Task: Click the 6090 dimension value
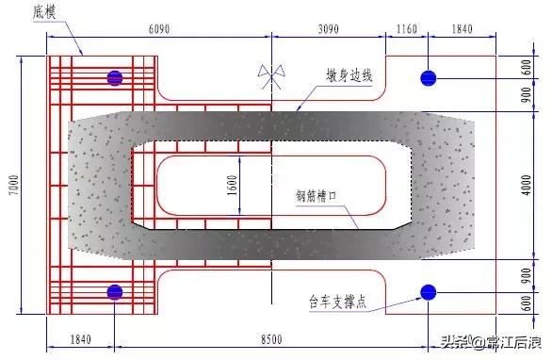pyautogui.click(x=159, y=29)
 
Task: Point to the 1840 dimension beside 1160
pyautogui.click(x=463, y=29)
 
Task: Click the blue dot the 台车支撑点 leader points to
pyautogui.click(x=429, y=292)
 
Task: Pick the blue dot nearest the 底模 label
pyautogui.click(x=115, y=77)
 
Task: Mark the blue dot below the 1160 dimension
pyautogui.click(x=429, y=77)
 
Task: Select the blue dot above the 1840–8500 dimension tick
pyautogui.click(x=115, y=292)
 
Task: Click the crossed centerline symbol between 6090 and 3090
pyautogui.click(x=272, y=74)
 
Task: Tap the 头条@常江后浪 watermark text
pyautogui.click(x=487, y=341)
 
